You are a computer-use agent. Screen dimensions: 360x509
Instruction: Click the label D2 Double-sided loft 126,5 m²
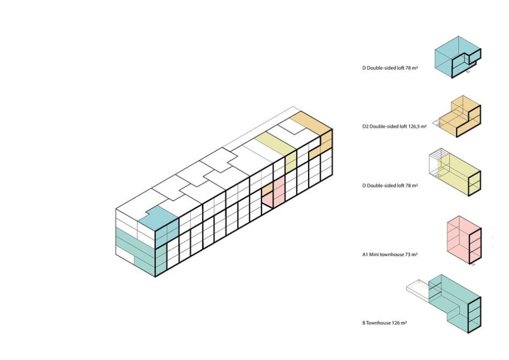(395, 126)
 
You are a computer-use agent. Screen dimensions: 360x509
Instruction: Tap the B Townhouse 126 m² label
(384, 323)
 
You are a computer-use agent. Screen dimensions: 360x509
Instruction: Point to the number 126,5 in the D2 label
(414, 126)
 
